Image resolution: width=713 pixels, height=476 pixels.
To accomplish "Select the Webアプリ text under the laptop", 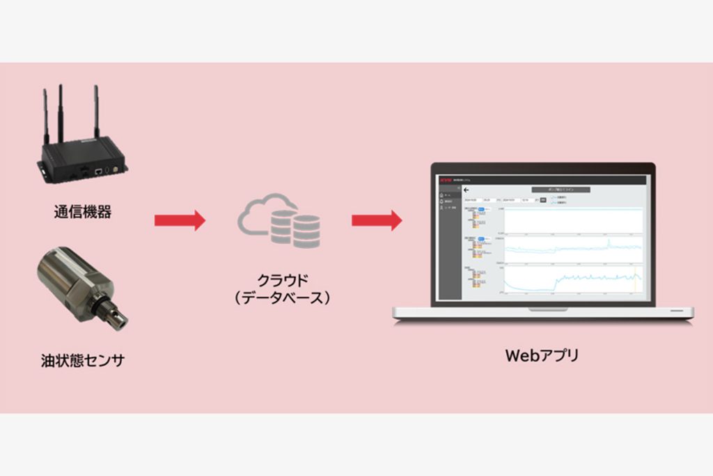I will [x=542, y=355].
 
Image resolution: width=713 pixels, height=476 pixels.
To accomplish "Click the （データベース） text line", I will [x=281, y=298].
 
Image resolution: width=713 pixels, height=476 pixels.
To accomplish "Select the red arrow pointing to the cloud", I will [x=180, y=220].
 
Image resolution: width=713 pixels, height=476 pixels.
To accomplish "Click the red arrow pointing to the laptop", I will [x=377, y=220].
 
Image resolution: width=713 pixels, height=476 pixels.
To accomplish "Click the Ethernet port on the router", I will [x=100, y=169].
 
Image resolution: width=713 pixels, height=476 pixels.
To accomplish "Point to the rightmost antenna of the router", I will [x=96, y=112].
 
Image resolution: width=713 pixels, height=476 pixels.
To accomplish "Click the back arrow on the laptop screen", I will [x=467, y=190].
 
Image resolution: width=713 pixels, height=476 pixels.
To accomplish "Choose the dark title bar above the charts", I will [x=561, y=189].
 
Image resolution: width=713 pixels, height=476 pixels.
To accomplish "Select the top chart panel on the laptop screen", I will [x=573, y=220].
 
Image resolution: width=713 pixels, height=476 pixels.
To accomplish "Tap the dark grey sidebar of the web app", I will [x=449, y=251].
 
